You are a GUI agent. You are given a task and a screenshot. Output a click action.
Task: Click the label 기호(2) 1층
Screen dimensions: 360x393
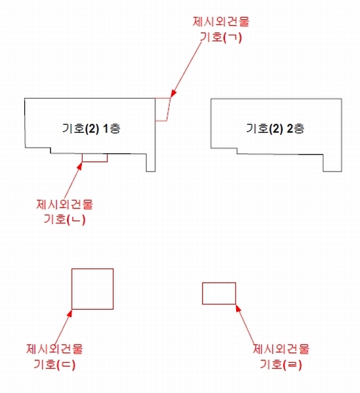(91, 128)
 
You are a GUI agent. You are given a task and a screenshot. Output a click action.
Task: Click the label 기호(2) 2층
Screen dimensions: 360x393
(275, 128)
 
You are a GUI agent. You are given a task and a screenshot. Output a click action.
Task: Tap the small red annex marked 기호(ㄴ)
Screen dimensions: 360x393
(95, 162)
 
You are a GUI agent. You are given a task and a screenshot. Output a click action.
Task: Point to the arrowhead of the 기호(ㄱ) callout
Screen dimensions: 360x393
(173, 94)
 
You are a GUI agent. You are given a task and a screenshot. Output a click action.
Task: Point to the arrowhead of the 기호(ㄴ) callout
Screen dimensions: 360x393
(80, 166)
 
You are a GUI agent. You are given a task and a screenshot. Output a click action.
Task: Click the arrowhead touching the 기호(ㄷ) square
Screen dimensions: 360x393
(70, 313)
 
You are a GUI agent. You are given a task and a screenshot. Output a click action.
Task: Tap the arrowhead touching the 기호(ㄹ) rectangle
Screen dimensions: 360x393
(239, 308)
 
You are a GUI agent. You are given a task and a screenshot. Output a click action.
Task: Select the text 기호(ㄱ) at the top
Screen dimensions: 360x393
(221, 37)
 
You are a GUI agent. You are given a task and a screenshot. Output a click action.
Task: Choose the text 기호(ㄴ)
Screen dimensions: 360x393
(64, 219)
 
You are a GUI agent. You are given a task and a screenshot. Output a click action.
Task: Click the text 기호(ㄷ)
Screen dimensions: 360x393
(54, 364)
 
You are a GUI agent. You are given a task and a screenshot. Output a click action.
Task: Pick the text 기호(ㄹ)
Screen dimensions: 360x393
(281, 364)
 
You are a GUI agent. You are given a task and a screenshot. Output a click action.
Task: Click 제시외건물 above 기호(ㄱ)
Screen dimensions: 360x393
(221, 22)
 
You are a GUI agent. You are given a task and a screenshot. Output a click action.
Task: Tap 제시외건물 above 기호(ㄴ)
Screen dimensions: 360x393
(64, 204)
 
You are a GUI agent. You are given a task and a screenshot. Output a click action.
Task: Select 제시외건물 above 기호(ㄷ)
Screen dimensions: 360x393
(54, 349)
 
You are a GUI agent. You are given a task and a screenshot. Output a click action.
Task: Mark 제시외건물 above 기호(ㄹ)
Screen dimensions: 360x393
(281, 349)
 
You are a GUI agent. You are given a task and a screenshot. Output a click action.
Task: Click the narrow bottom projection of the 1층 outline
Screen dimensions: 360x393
(151, 172)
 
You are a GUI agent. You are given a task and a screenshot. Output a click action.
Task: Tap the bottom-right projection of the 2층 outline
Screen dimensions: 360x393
(332, 172)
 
